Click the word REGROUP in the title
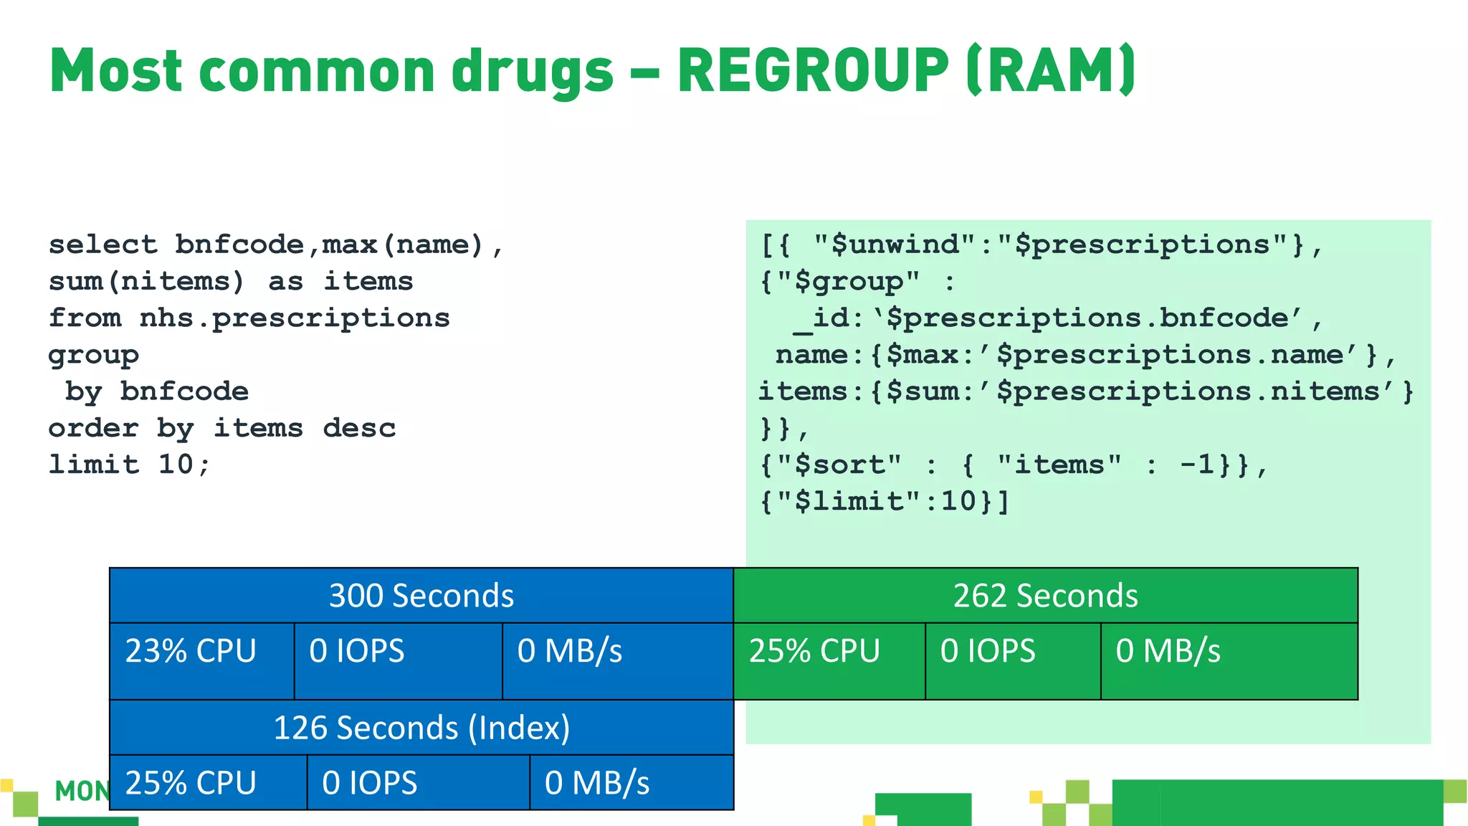pyautogui.click(x=813, y=71)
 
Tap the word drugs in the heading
pyautogui.click(x=532, y=72)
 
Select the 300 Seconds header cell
pyautogui.click(x=421, y=596)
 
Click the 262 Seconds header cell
pyautogui.click(x=1045, y=596)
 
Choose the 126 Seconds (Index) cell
pyautogui.click(x=421, y=728)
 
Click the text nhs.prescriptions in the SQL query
pyautogui.click(x=295, y=318)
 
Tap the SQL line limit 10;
pyautogui.click(x=129, y=465)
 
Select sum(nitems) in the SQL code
pyautogui.click(x=146, y=281)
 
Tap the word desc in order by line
pyautogui.click(x=359, y=428)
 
